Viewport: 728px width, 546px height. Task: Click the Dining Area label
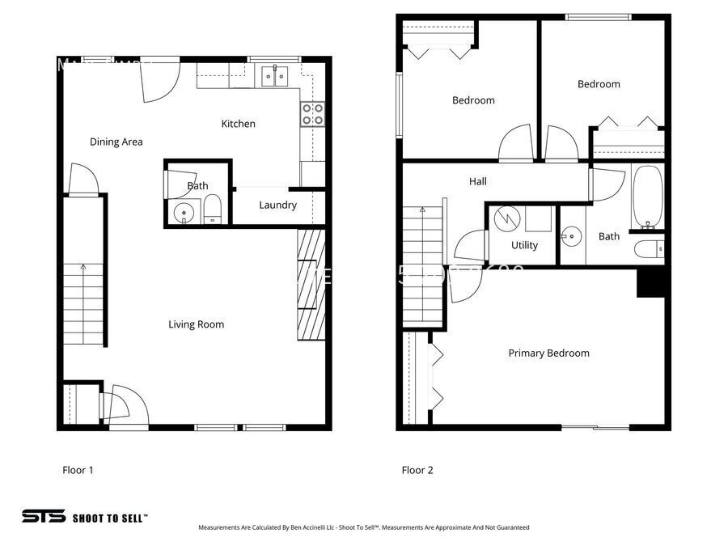[x=116, y=142]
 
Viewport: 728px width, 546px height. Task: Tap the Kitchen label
[x=239, y=124]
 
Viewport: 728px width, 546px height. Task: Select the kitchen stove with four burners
[x=313, y=114]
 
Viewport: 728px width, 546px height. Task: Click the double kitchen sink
[x=276, y=77]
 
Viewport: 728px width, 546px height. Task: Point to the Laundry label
[x=277, y=205]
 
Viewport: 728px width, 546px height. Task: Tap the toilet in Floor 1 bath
[x=213, y=210]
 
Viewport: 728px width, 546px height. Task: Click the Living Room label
[x=196, y=324]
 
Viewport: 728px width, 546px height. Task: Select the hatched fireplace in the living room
[x=311, y=284]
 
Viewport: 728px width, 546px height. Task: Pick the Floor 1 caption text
[x=78, y=469]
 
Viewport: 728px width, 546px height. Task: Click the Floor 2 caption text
[x=417, y=470]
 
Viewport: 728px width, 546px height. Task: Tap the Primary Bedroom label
[x=548, y=353]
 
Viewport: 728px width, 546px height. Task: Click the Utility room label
[x=524, y=245]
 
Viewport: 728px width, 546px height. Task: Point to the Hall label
[x=478, y=181]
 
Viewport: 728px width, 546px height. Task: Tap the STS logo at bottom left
[x=42, y=516]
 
